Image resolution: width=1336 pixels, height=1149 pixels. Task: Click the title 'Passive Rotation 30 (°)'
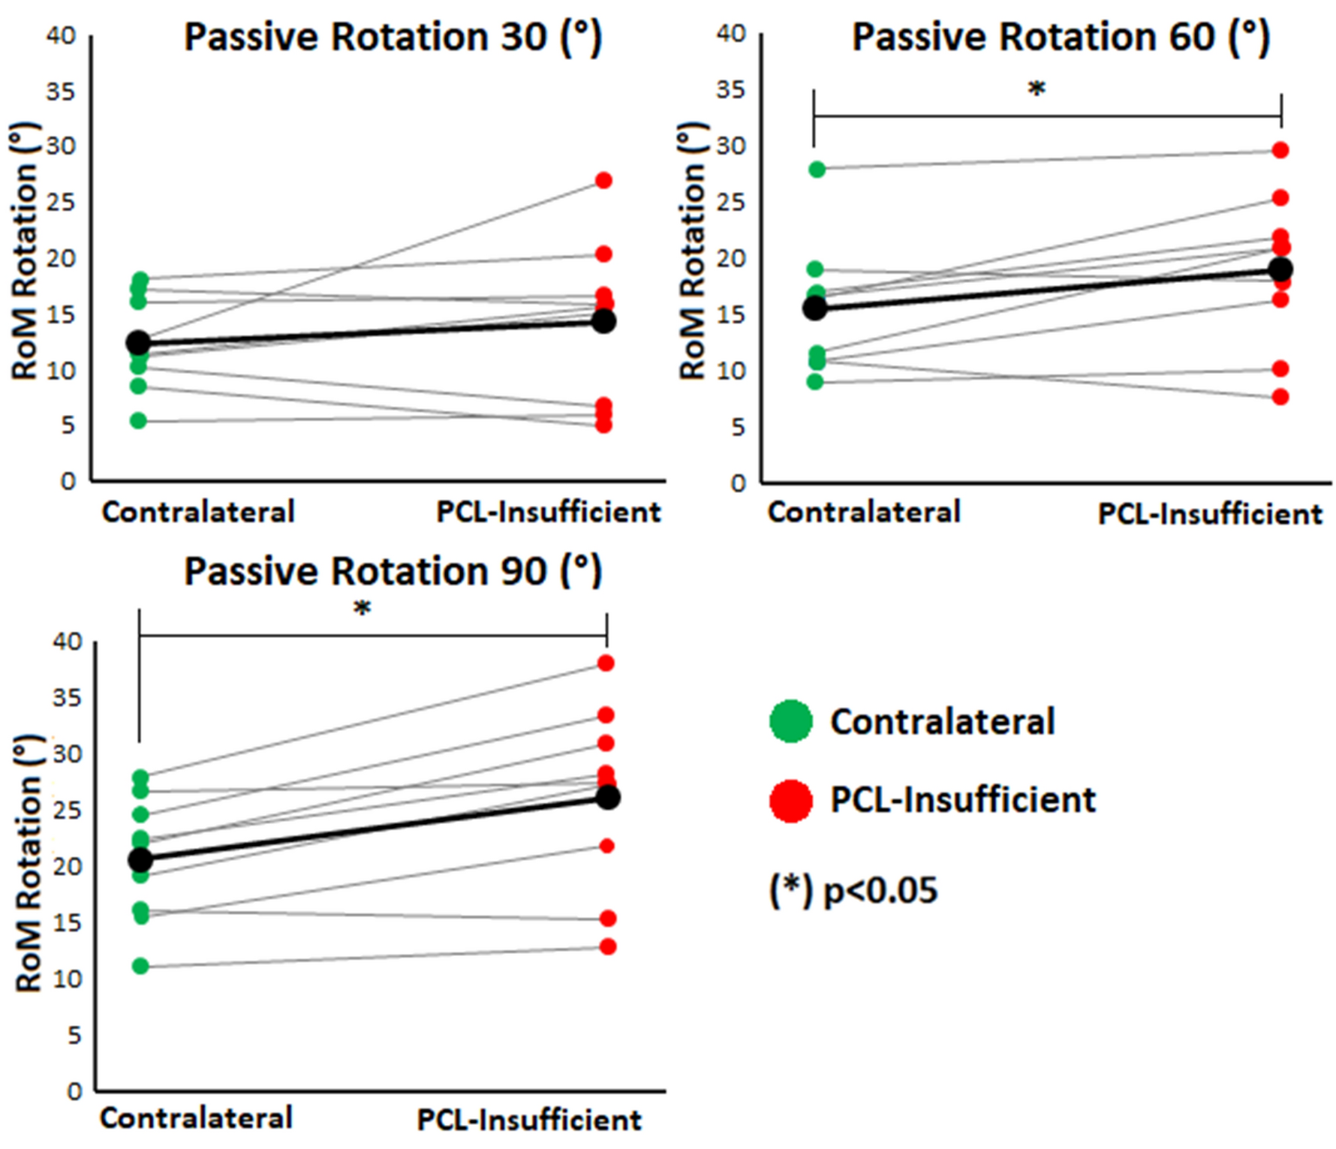[x=393, y=37]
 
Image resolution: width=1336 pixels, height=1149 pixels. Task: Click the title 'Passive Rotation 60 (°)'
[x=1060, y=37]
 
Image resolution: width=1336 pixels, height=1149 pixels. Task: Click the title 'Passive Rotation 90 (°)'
[x=393, y=571]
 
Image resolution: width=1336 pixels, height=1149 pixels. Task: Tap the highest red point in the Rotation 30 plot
[x=603, y=180]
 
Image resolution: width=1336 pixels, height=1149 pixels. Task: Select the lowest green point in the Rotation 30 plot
[x=139, y=420]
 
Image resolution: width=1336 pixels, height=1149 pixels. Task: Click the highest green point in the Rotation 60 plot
[x=817, y=169]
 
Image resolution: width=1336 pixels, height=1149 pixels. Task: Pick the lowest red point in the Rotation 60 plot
[x=1280, y=396]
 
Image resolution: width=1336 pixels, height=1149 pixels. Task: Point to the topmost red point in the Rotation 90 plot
[x=606, y=663]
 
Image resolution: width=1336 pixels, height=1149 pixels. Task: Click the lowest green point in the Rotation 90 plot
[x=140, y=966]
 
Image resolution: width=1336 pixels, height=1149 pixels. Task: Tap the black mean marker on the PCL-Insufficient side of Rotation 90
[x=607, y=797]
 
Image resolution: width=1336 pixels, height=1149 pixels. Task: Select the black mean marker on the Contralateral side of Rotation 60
[x=815, y=308]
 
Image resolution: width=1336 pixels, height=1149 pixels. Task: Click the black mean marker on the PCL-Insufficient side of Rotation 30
[x=603, y=321]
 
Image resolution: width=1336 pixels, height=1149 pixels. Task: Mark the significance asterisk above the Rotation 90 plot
[x=362, y=609]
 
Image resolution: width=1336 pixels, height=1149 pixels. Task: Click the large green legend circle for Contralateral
[x=791, y=721]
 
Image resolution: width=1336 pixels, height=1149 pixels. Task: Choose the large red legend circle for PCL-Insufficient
[x=791, y=800]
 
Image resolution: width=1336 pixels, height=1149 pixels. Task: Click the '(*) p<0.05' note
[x=853, y=891]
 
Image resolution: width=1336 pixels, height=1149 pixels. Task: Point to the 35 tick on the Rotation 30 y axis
[x=61, y=92]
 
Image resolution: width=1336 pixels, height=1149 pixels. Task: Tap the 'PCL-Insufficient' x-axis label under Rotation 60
[x=1209, y=514]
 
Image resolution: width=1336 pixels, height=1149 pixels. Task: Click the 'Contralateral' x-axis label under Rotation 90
[x=196, y=1118]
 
